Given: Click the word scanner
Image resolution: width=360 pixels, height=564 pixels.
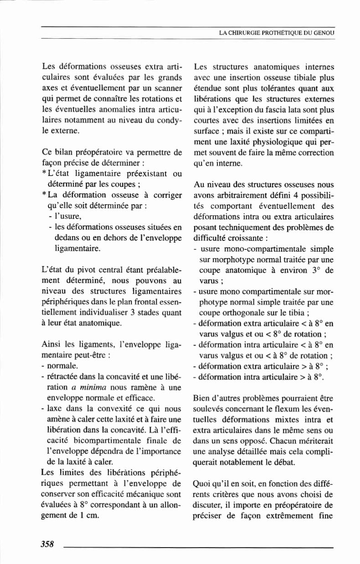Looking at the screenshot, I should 169,85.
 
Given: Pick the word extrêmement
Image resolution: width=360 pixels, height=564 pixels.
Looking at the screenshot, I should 288,517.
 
